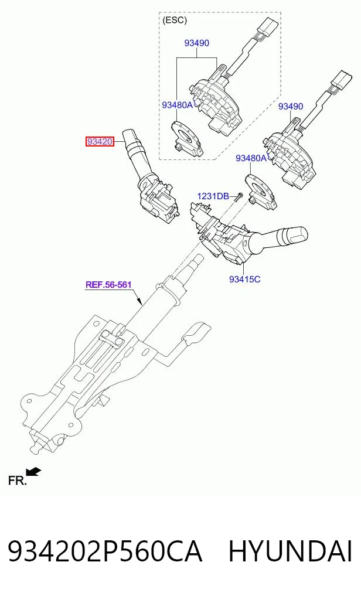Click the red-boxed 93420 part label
click(x=100, y=142)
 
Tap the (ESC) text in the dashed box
click(x=175, y=20)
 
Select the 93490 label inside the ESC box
click(x=197, y=43)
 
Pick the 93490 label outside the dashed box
click(x=291, y=107)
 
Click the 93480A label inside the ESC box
click(x=178, y=105)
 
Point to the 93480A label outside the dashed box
click(x=251, y=158)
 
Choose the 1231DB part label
click(x=213, y=196)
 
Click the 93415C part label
click(x=245, y=279)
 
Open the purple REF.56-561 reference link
click(x=108, y=285)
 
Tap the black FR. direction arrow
click(x=34, y=472)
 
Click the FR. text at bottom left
click(x=18, y=481)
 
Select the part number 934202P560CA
click(x=105, y=552)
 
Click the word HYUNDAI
click(x=290, y=552)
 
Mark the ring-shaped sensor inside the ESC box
click(x=186, y=138)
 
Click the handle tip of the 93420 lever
click(x=131, y=137)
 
